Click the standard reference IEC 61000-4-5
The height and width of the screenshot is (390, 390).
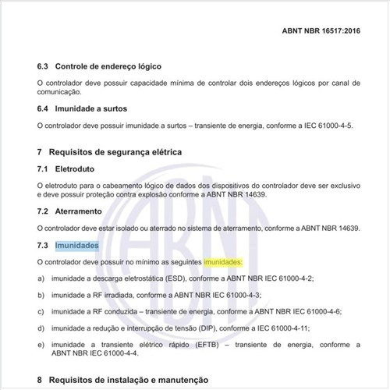point(313,124)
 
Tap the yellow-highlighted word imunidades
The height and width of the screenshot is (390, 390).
point(223,261)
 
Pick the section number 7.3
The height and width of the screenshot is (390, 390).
point(43,246)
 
